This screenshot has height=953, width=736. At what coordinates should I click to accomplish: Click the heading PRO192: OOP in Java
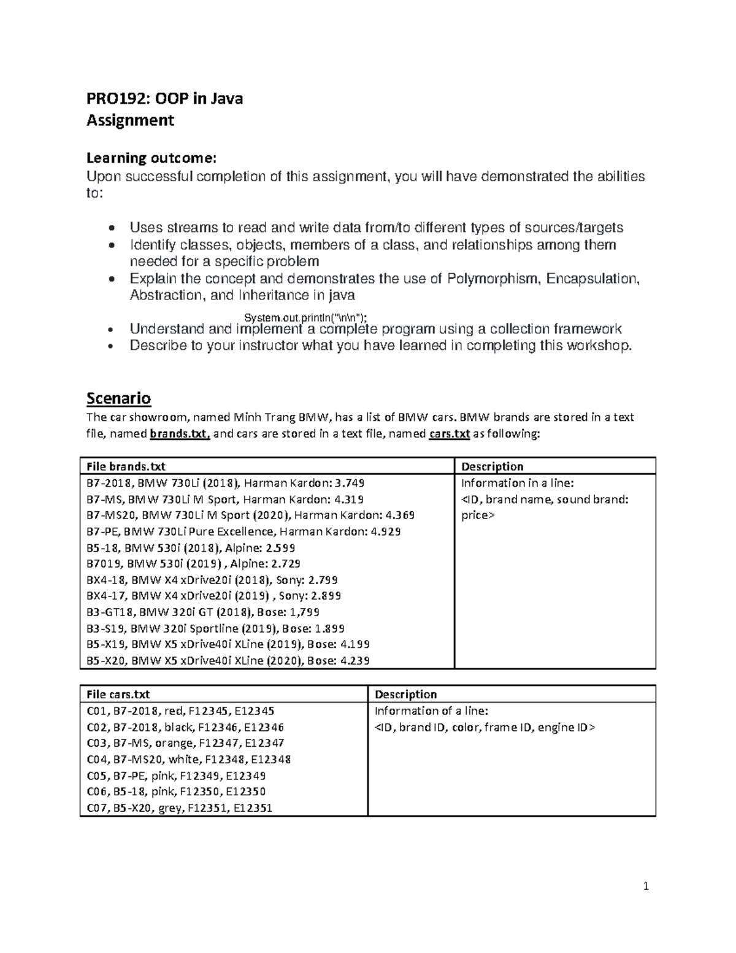click(x=164, y=98)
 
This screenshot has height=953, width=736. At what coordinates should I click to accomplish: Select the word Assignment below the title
click(x=130, y=120)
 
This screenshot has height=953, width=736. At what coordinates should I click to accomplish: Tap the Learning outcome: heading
click(x=151, y=158)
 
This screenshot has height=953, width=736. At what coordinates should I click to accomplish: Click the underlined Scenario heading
click(x=118, y=398)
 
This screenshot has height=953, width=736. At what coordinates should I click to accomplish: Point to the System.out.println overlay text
click(x=306, y=317)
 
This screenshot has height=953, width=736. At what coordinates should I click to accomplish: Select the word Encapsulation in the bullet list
click(x=592, y=279)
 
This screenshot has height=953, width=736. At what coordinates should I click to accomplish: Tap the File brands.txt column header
click(x=126, y=466)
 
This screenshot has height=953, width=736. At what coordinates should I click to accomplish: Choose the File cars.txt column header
click(x=118, y=694)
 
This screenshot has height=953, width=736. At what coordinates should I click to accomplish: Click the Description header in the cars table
click(x=405, y=694)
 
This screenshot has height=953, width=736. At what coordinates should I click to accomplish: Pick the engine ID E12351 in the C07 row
click(x=251, y=808)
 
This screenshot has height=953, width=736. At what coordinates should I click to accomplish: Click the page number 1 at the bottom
click(x=645, y=886)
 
